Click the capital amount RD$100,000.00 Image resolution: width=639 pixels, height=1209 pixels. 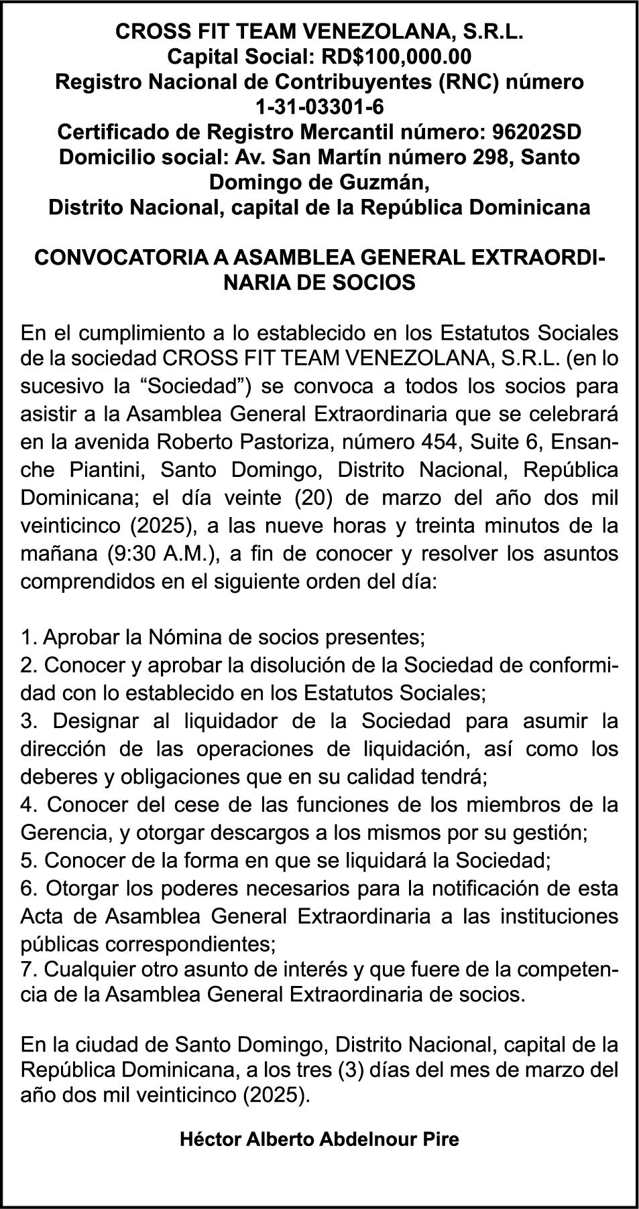coord(394,56)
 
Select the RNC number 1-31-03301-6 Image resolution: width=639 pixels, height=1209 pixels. coord(319,106)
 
